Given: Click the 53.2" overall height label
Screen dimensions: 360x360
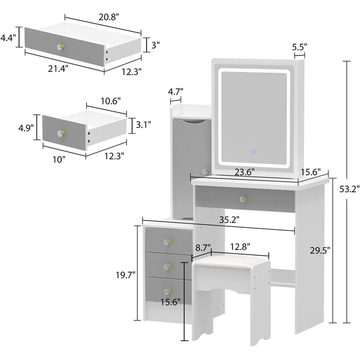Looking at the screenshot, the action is [x=349, y=189].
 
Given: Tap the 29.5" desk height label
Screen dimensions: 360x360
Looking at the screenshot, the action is [x=320, y=250].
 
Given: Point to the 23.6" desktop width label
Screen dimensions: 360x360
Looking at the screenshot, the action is [x=245, y=172].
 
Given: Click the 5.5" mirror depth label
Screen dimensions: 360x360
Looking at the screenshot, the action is [x=299, y=47].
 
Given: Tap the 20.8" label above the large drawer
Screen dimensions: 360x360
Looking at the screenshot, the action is [x=109, y=17].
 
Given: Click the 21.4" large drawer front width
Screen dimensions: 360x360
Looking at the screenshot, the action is [x=58, y=68].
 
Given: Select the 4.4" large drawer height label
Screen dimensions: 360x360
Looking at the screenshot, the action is [x=8, y=37].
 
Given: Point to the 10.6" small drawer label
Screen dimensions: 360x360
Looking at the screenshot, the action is [x=111, y=101].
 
